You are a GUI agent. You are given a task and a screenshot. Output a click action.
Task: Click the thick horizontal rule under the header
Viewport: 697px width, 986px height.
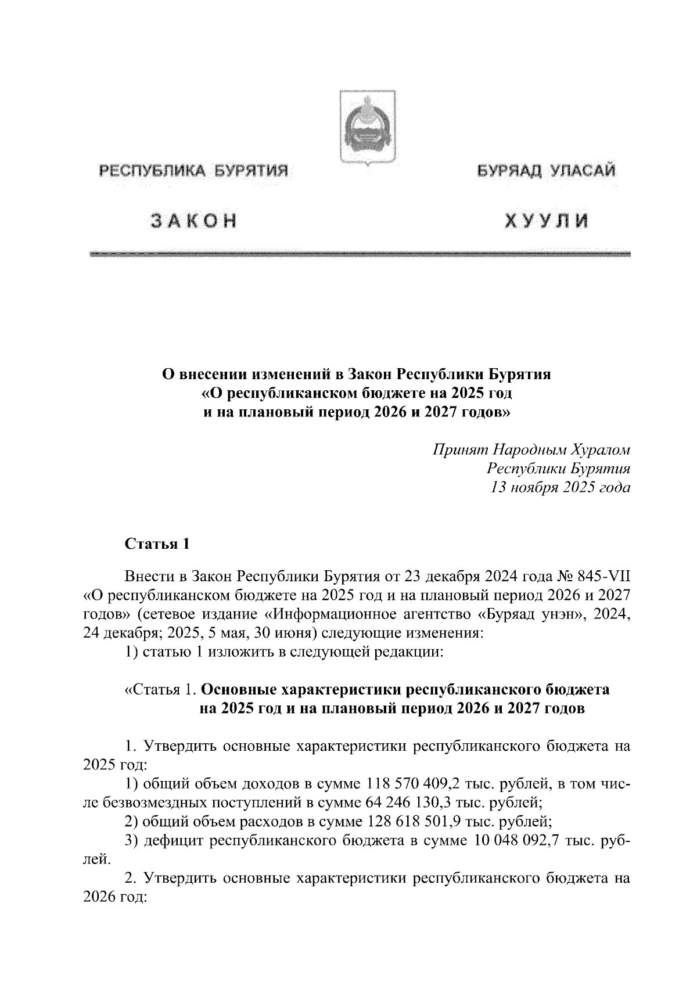pyautogui.click(x=360, y=254)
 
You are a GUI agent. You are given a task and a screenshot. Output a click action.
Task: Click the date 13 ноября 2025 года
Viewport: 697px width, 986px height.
pyautogui.click(x=561, y=487)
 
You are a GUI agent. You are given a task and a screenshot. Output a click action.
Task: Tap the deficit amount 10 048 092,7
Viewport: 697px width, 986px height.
pyautogui.click(x=522, y=840)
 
